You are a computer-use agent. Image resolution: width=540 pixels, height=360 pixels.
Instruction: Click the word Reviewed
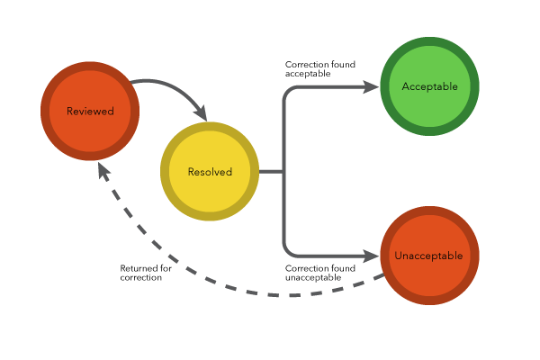pos(90,112)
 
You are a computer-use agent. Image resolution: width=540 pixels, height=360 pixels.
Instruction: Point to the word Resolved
pos(210,172)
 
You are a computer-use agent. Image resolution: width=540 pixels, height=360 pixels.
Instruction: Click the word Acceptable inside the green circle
pos(429,86)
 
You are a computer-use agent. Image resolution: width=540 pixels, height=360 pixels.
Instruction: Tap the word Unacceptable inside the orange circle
pos(428,256)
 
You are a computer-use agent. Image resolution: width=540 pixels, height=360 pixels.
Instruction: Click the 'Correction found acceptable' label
pos(319,69)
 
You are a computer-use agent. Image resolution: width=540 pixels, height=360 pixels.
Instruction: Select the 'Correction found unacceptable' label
pos(319,273)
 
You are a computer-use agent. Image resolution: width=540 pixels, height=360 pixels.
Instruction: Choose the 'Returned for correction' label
pos(146,273)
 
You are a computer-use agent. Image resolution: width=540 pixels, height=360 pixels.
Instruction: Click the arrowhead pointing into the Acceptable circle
pos(370,86)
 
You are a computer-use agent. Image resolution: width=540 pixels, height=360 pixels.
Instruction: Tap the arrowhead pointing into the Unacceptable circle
pos(370,256)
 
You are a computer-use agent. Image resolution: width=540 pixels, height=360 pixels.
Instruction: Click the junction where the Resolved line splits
pos(283,171)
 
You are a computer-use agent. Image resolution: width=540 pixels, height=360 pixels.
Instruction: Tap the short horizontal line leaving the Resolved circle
pos(271,171)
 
